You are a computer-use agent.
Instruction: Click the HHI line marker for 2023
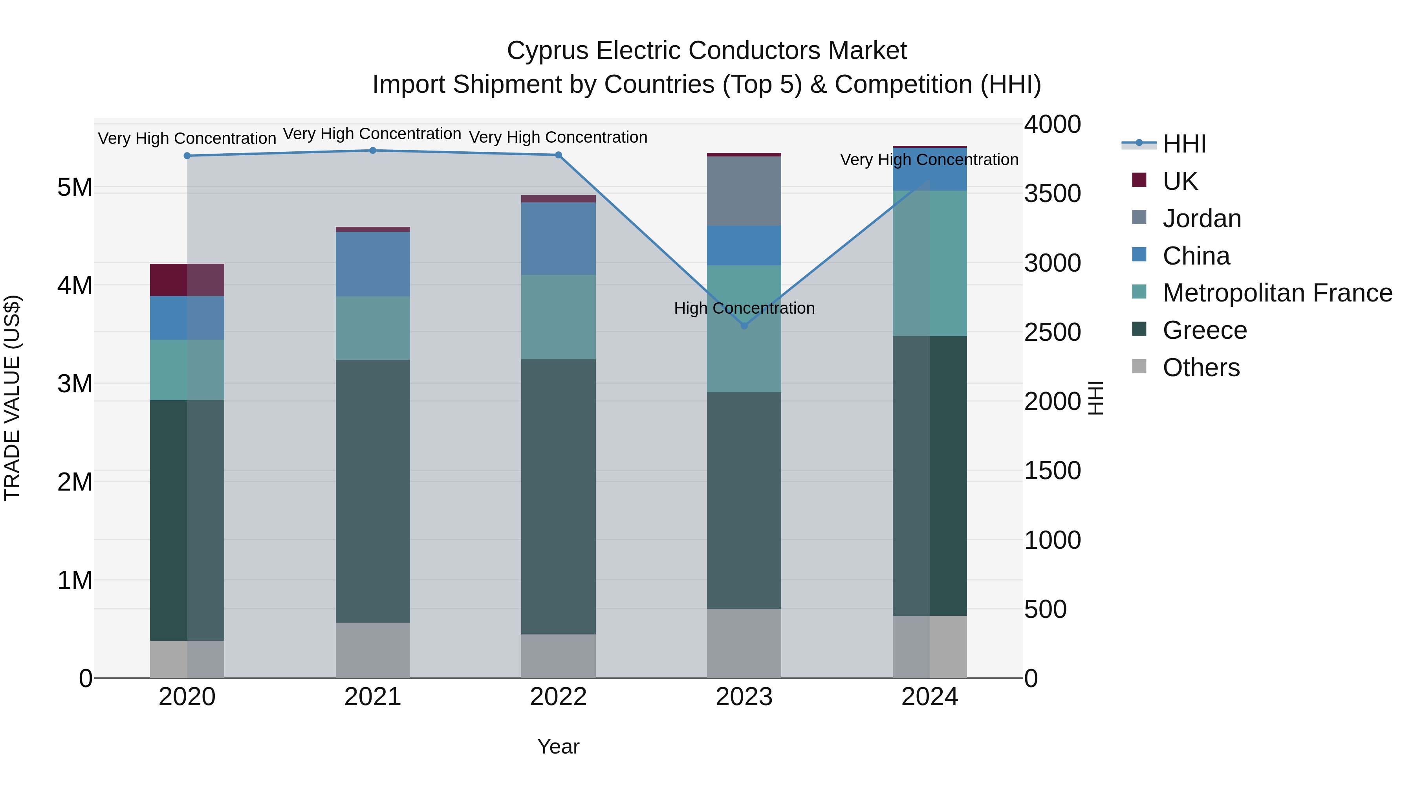[744, 326]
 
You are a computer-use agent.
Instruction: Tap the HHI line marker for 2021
[373, 151]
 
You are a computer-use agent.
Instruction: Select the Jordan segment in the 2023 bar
[744, 191]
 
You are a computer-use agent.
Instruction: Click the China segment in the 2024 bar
[929, 169]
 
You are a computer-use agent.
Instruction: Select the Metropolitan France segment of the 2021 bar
[373, 328]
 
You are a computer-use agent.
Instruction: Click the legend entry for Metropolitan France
[1277, 293]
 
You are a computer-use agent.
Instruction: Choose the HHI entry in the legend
[1184, 144]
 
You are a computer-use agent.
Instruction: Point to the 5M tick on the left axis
[75, 188]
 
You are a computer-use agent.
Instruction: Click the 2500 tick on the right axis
[1052, 332]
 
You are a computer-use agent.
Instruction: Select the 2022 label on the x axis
[558, 697]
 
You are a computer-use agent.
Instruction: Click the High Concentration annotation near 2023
[744, 308]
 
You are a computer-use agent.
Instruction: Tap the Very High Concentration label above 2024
[929, 160]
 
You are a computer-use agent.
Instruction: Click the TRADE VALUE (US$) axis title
[12, 398]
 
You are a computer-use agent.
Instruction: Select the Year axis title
[558, 746]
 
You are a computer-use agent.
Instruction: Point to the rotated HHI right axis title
[1095, 398]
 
